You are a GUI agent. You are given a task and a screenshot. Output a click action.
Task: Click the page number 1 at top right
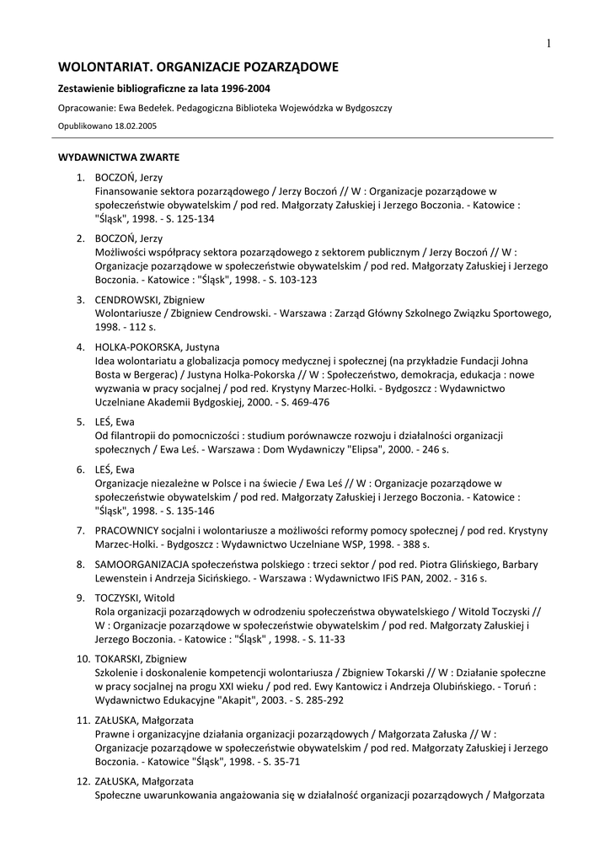[x=548, y=44]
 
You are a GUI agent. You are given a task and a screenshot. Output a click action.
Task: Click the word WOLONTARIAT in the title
[x=104, y=67]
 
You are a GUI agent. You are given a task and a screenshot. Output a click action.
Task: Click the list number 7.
[x=80, y=530]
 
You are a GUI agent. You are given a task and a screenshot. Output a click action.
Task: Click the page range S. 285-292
[x=316, y=700]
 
